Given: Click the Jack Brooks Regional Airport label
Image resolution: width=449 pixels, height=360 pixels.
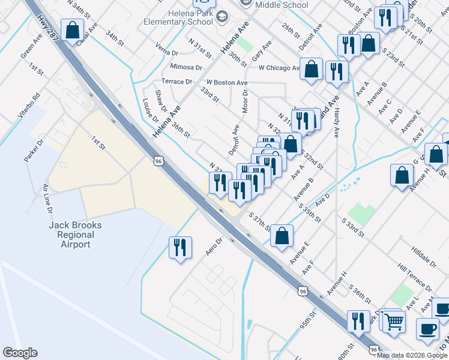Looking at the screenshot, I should pyautogui.click(x=75, y=235).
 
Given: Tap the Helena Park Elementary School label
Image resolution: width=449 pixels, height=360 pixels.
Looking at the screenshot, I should pyautogui.click(x=178, y=17).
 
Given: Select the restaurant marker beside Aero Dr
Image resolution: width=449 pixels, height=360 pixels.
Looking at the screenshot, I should pyautogui.click(x=180, y=247).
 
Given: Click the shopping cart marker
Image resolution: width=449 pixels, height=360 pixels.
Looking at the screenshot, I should pyautogui.click(x=394, y=321).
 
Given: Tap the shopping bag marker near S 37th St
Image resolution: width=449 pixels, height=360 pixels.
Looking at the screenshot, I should pyautogui.click(x=282, y=235).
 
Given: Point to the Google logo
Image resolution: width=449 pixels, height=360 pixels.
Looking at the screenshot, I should pyautogui.click(x=20, y=353).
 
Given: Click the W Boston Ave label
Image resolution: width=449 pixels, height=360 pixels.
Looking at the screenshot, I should pyautogui.click(x=227, y=82).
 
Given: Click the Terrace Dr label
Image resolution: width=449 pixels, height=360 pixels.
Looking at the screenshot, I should pyautogui.click(x=176, y=82).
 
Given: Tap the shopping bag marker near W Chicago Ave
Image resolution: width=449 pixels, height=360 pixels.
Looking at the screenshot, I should pyautogui.click(x=312, y=68).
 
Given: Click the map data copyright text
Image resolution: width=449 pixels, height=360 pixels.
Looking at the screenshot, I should pyautogui.click(x=412, y=355).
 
